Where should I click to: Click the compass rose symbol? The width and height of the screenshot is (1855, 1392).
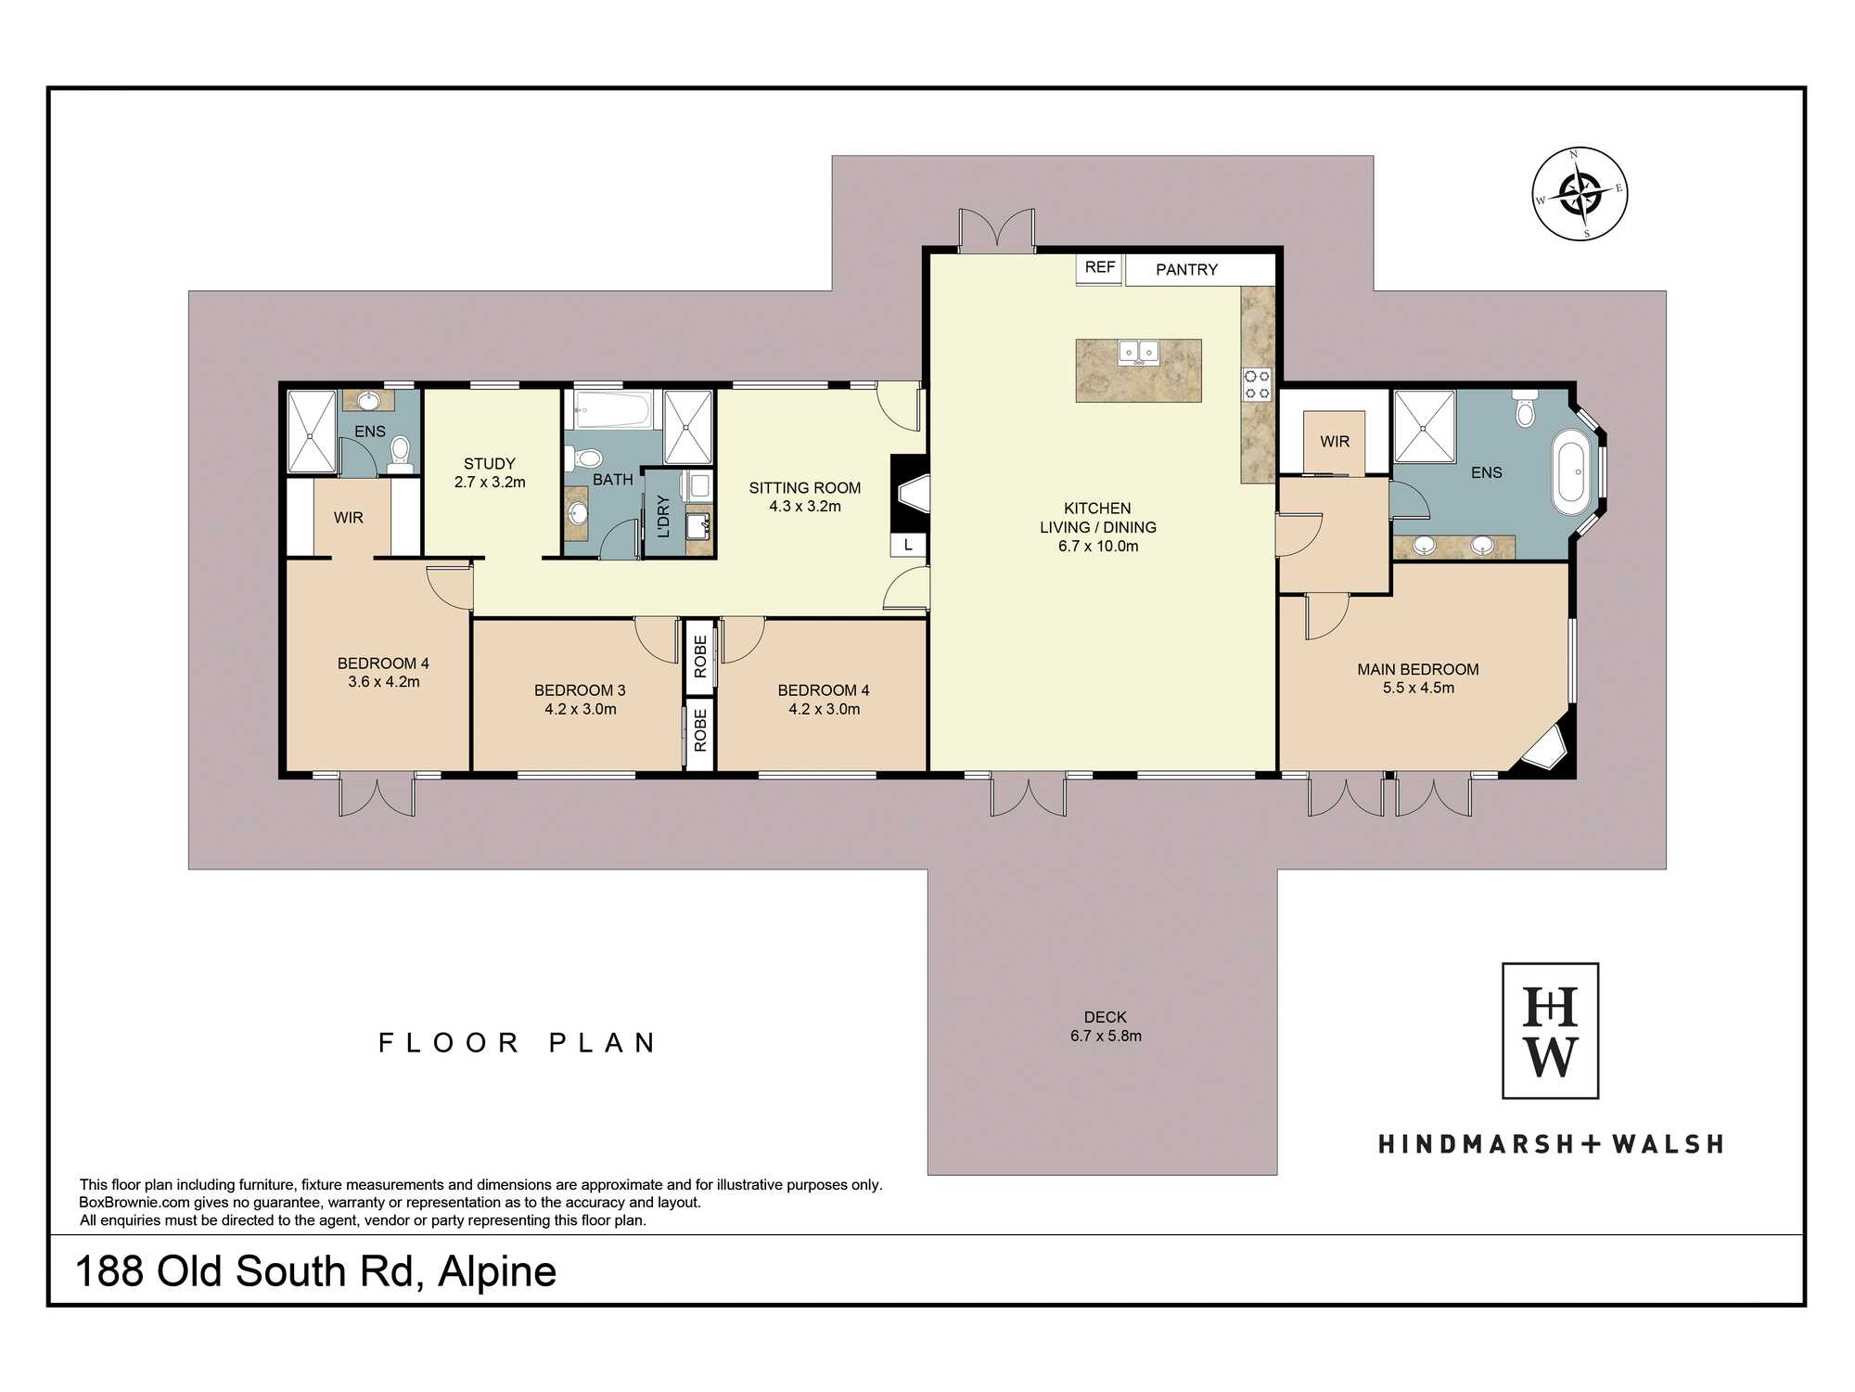click(1580, 194)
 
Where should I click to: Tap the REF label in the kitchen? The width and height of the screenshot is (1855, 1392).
click(1100, 267)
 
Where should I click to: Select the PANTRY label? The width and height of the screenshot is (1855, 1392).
click(1186, 269)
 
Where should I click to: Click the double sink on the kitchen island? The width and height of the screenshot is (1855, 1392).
click(1139, 353)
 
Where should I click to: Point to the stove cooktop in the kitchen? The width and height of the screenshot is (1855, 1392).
click(1257, 384)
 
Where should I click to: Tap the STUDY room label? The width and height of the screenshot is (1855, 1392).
click(490, 464)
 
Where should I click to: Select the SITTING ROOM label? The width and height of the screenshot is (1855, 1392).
click(805, 488)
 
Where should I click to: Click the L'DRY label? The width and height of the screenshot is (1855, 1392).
click(663, 517)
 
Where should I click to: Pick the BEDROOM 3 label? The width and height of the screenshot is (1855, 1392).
click(580, 690)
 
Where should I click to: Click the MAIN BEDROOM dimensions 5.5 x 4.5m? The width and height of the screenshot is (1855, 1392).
click(1418, 688)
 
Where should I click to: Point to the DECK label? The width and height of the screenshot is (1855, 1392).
click(1106, 1017)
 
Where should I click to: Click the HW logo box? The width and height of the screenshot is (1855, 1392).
click(1550, 1031)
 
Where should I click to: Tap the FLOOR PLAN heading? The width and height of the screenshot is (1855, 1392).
click(518, 1043)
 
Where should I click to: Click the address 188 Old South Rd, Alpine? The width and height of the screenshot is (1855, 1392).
click(315, 1271)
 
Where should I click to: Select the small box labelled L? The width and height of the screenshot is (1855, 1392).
click(908, 545)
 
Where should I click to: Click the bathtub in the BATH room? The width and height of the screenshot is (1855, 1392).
click(613, 409)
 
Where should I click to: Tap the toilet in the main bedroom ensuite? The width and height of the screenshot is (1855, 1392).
click(1525, 407)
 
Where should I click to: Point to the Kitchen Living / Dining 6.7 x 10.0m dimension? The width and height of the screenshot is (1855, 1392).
click(1098, 547)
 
